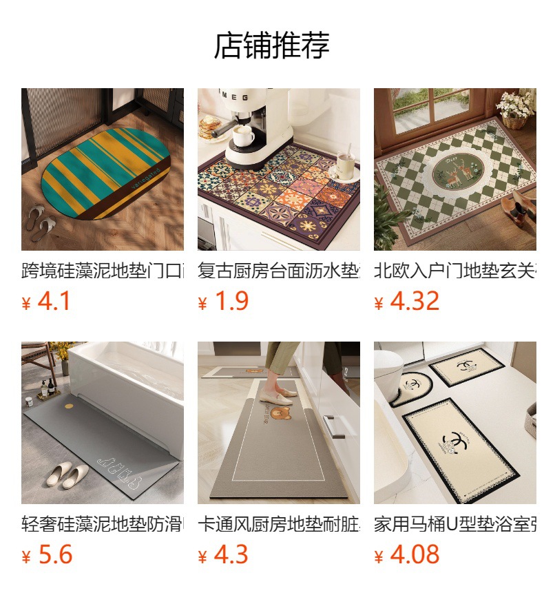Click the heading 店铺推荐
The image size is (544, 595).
(272, 45)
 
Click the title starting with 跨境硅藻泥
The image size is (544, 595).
(103, 271)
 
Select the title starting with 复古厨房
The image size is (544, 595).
(279, 271)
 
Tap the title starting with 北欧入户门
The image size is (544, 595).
(455, 271)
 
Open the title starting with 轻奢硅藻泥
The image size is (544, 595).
(103, 525)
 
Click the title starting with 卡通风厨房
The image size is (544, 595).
(279, 525)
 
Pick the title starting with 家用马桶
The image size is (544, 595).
(455, 525)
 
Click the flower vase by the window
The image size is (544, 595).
(516, 110)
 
